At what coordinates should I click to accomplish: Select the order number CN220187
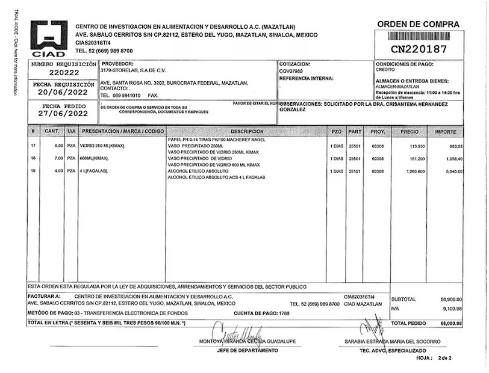419,49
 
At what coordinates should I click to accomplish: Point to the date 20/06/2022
63,92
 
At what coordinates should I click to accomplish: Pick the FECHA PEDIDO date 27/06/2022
63,113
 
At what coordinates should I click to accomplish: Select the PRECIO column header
409,131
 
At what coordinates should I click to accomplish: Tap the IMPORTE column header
446,131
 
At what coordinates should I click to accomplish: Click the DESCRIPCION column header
247,131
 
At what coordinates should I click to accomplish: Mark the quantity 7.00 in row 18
58,159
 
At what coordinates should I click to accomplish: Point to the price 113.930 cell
416,146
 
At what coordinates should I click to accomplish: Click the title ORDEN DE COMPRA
418,25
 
